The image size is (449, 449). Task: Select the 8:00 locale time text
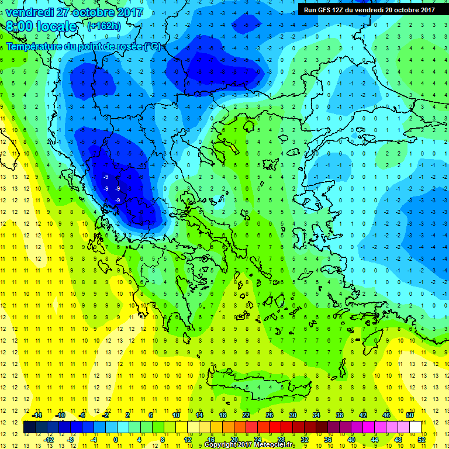(x=41, y=26)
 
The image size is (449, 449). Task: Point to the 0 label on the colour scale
(x=116, y=439)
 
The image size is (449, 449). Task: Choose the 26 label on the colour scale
(x=270, y=415)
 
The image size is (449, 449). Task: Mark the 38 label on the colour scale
(x=339, y=415)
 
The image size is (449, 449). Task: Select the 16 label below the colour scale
(x=211, y=439)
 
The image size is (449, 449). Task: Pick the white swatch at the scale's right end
(x=415, y=427)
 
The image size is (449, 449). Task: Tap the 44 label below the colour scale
(x=375, y=439)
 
